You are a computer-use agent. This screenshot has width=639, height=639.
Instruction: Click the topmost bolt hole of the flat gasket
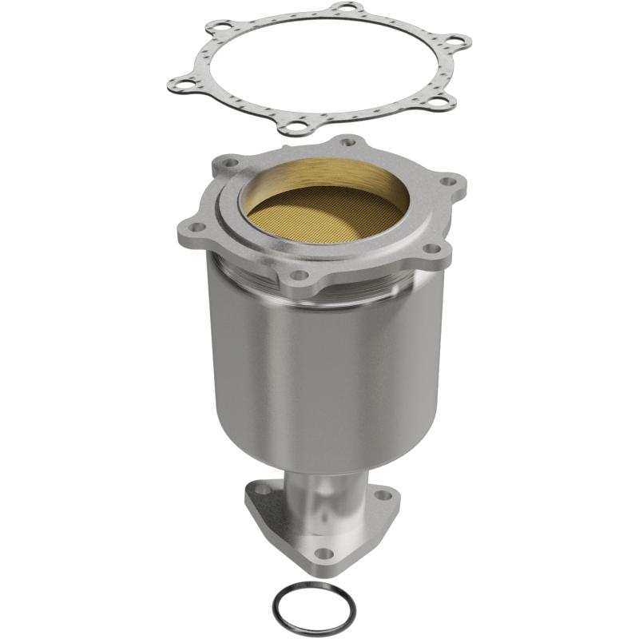coord(344,9)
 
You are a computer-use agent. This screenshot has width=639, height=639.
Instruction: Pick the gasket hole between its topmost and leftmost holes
coord(214,28)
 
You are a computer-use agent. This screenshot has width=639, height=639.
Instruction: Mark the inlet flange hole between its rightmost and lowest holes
coord(433,248)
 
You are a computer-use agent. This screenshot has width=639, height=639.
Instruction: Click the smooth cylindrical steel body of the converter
coord(319,367)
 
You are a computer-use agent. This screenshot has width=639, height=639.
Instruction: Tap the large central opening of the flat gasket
coord(319,64)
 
